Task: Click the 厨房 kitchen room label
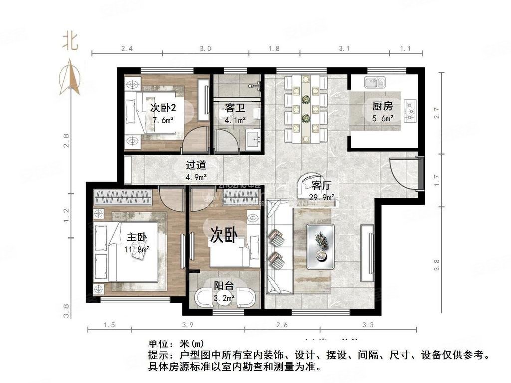coord(382,106)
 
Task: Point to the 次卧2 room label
coord(163,108)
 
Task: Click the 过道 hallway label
coord(196,165)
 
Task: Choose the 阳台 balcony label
coord(224,286)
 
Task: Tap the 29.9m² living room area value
coord(322,197)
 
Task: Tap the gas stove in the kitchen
coord(410,111)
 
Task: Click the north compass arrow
coord(70,77)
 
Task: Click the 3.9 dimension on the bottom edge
coord(188,325)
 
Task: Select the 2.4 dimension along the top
coord(127,49)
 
